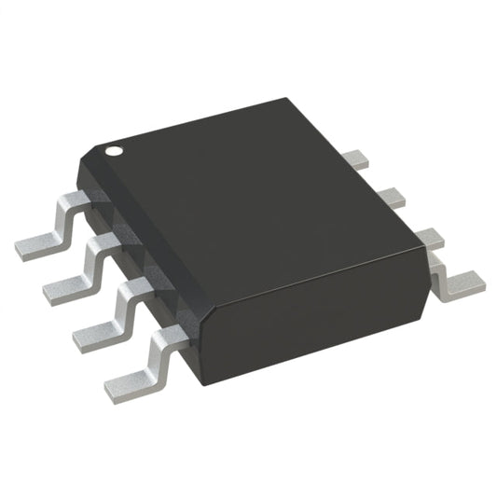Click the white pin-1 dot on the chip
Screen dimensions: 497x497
click(113, 148)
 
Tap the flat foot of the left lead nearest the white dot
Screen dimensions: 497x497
click(37, 243)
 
